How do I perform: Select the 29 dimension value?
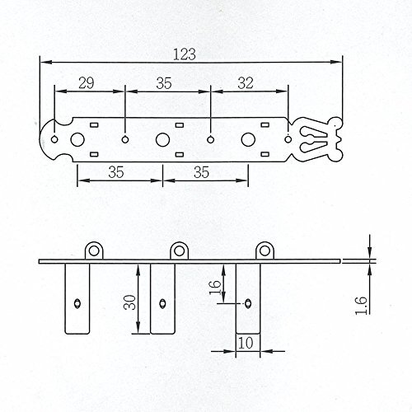click(x=86, y=83)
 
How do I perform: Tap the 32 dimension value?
click(x=246, y=83)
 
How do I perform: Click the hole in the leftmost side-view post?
click(x=77, y=302)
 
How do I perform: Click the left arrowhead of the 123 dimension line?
click(x=44, y=63)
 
